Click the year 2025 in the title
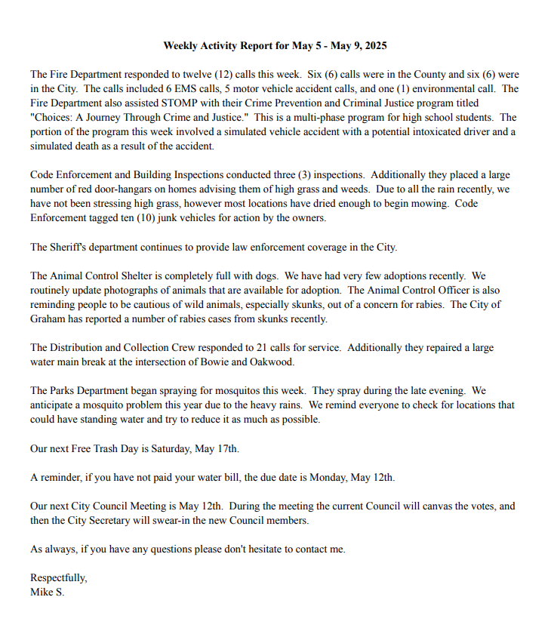pyautogui.click(x=374, y=45)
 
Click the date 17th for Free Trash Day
pyautogui.click(x=228, y=448)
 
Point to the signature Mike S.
pyautogui.click(x=48, y=592)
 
